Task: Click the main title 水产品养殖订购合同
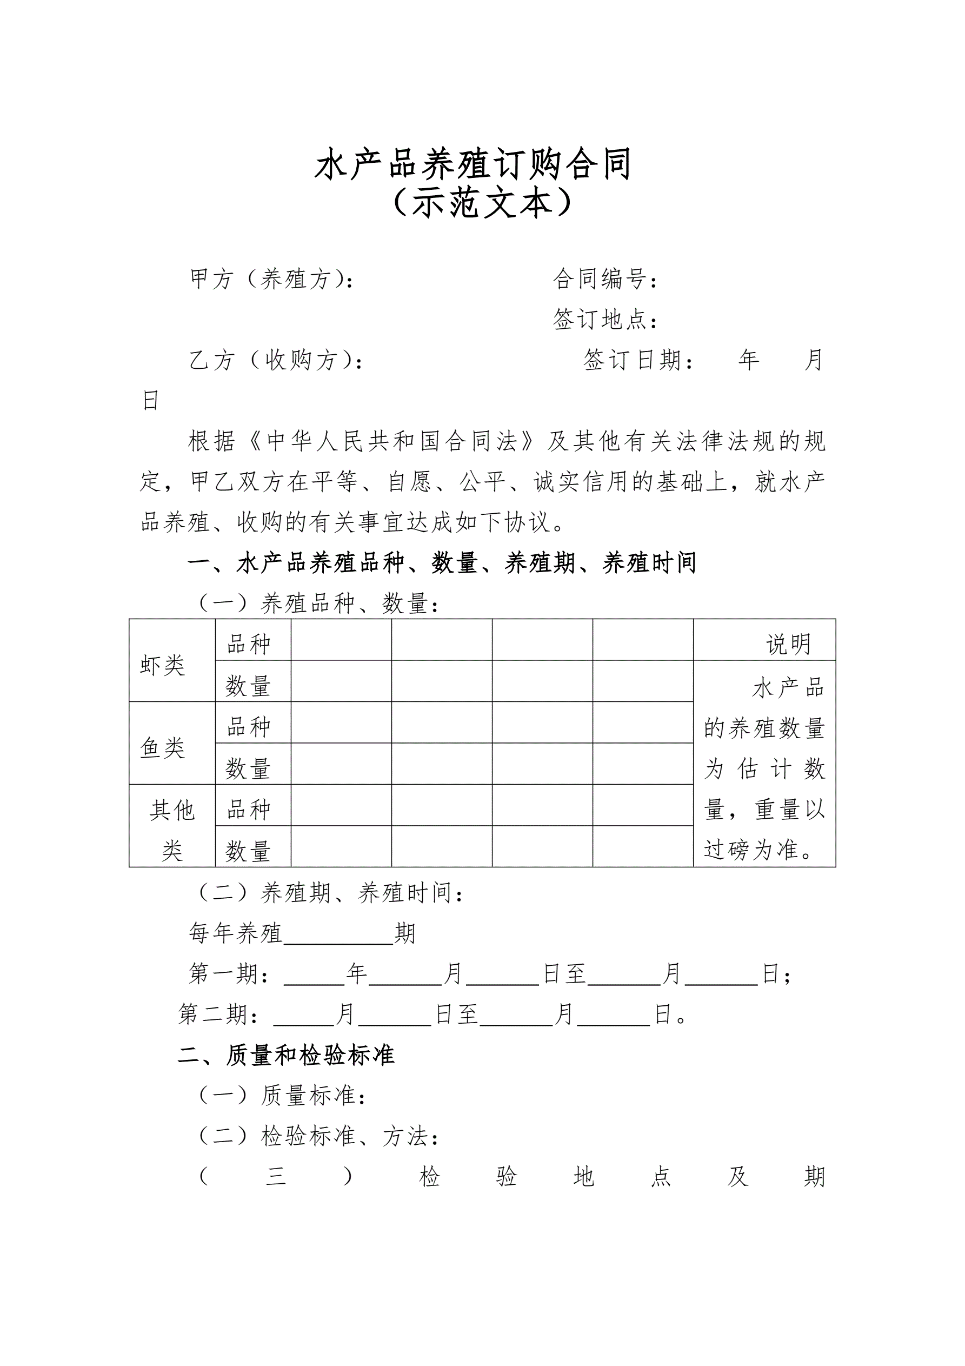click(x=473, y=164)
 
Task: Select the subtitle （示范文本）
click(x=482, y=203)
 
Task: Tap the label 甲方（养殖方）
click(x=271, y=279)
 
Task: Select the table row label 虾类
click(x=162, y=665)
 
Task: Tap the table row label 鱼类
click(x=162, y=748)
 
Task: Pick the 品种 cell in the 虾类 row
click(x=249, y=644)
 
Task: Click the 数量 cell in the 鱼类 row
click(x=249, y=768)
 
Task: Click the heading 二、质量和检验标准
click(x=286, y=1056)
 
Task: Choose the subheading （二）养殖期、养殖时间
click(x=331, y=892)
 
